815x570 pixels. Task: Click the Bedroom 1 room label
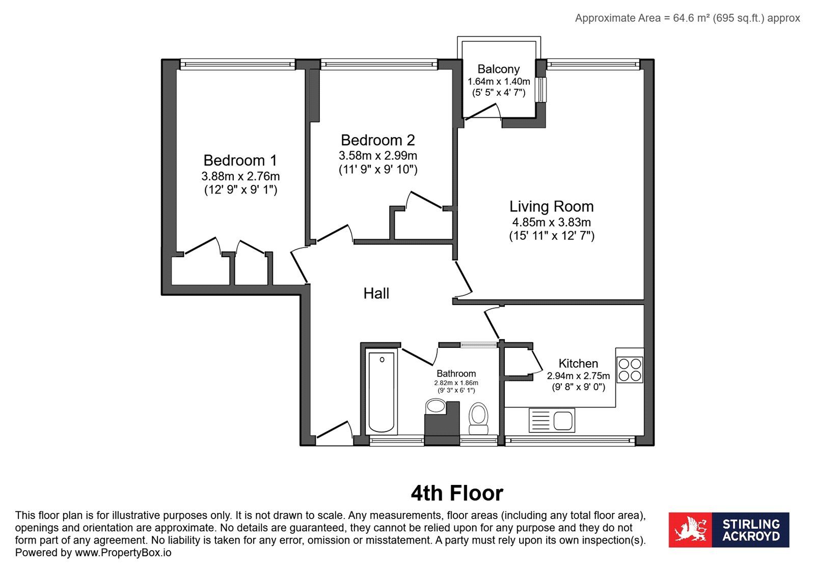(240, 160)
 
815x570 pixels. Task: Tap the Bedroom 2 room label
(377, 140)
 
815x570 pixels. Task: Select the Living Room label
(551, 207)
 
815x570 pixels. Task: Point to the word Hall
(376, 293)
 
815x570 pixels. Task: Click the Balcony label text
(499, 69)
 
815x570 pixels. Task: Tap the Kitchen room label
(578, 363)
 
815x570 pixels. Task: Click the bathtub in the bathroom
(382, 392)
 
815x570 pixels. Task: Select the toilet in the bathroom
(478, 418)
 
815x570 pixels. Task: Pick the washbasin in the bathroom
(436, 406)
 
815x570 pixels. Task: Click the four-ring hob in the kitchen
(630, 370)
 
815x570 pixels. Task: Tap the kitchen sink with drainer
(552, 420)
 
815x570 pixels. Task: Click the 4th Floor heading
(457, 493)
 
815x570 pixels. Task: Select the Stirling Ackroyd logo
(729, 530)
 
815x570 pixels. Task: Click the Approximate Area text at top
(687, 18)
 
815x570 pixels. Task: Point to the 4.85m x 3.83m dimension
(551, 222)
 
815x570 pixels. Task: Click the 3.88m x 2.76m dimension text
(240, 176)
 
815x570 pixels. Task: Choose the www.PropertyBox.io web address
(123, 553)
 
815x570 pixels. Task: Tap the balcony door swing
(483, 112)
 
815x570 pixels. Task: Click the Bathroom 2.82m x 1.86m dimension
(456, 383)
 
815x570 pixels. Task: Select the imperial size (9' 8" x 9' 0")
(578, 387)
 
